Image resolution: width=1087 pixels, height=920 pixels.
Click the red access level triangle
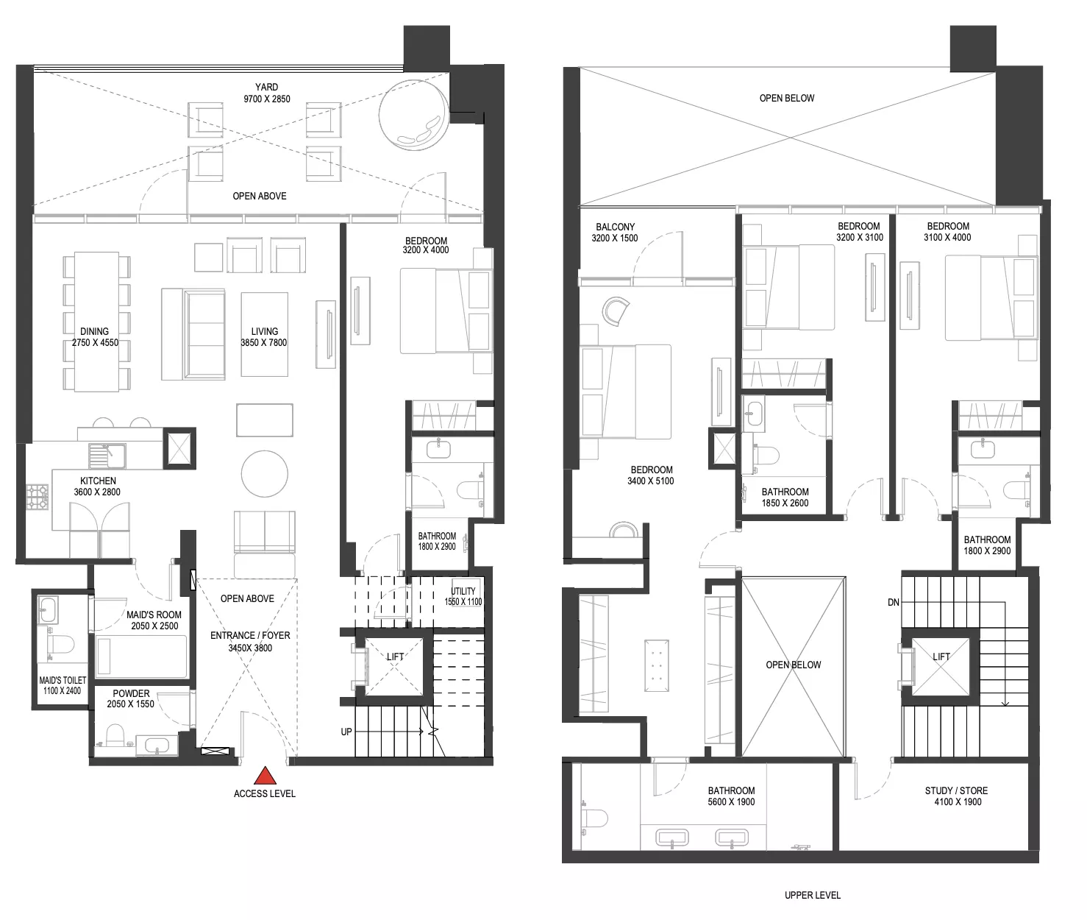pyautogui.click(x=265, y=776)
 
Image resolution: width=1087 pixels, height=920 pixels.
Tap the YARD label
pyautogui.click(x=267, y=87)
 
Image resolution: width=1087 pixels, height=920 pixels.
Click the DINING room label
pyautogui.click(x=95, y=332)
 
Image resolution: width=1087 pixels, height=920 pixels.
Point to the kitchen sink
pyautogui.click(x=107, y=456)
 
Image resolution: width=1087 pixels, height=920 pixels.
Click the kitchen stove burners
pyautogui.click(x=38, y=497)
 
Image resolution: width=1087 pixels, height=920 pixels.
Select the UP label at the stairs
pyautogui.click(x=346, y=732)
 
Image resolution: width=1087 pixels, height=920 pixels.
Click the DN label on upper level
pyautogui.click(x=894, y=602)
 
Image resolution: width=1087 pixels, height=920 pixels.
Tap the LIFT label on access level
pyautogui.click(x=395, y=657)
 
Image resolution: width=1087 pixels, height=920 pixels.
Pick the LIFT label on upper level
pyautogui.click(x=941, y=657)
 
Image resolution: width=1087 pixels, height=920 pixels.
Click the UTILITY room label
pyautogui.click(x=463, y=591)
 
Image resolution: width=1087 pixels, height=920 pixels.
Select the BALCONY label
pyautogui.click(x=616, y=227)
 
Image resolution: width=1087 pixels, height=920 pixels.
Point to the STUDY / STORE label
pyautogui.click(x=956, y=790)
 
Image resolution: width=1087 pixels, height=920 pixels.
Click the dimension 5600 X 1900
pyautogui.click(x=731, y=802)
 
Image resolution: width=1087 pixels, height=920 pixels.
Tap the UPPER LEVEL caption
pyautogui.click(x=813, y=895)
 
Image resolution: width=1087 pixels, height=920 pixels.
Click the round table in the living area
pyautogui.click(x=265, y=474)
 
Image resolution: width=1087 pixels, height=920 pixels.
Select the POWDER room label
pyautogui.click(x=131, y=694)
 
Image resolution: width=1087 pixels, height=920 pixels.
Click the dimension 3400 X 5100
pyautogui.click(x=651, y=481)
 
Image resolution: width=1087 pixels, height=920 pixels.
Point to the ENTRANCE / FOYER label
pyautogui.click(x=250, y=635)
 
